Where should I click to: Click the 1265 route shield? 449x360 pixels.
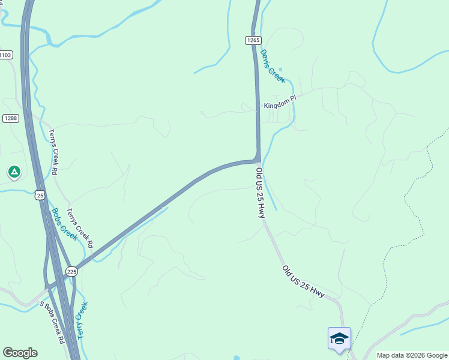pos(253,40)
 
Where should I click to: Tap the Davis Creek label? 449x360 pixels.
pos(273,66)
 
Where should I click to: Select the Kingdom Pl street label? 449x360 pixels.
pos(280,105)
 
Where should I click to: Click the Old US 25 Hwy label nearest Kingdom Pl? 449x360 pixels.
pos(261,192)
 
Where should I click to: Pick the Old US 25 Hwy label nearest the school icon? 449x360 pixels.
pos(303,282)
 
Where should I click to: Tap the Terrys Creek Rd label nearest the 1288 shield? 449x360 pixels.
pos(53,152)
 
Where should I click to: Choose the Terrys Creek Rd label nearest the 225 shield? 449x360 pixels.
pos(80,228)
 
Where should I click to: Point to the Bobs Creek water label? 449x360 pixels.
pos(64,224)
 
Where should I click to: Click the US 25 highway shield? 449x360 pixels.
pos(40,195)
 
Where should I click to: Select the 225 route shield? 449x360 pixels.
pos(72,272)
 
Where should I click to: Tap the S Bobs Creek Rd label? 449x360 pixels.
pos(52,322)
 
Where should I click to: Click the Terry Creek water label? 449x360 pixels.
pos(82,320)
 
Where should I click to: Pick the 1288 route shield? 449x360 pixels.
pos(10,118)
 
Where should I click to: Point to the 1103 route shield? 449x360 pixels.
pos(5,55)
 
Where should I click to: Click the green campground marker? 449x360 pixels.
pos(14,172)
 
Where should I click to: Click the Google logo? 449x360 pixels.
pos(20,353)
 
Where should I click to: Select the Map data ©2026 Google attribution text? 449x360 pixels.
pos(412,355)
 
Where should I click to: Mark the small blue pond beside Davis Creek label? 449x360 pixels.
pos(280,69)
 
